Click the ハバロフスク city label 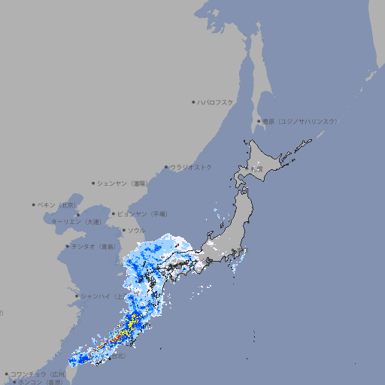(216, 102)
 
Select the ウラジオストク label (191, 167)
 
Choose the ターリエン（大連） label (76, 222)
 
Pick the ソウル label (135, 230)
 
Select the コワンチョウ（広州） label (38, 374)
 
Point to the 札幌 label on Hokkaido (257, 168)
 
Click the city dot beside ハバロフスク (193, 102)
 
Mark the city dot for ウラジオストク (166, 168)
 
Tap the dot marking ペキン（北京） (34, 205)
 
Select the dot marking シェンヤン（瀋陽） (93, 183)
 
